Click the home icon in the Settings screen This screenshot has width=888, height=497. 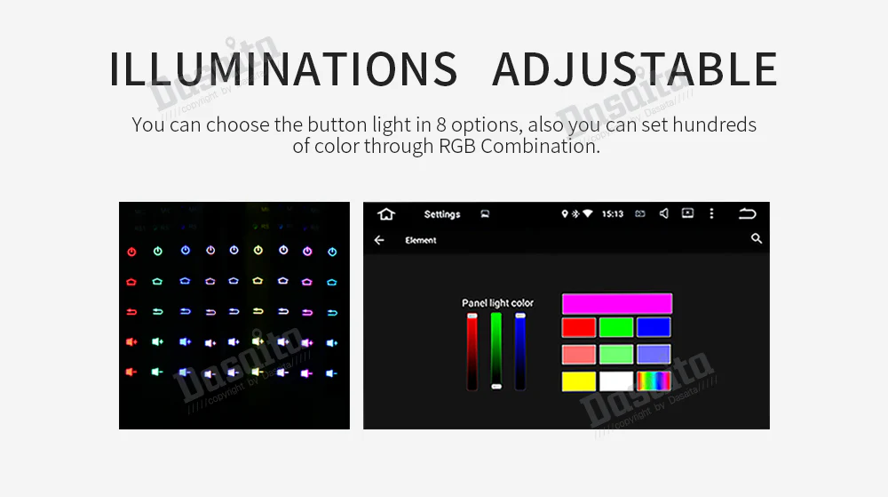click(385, 214)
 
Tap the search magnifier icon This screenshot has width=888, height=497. click(757, 239)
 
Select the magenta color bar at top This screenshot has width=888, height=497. click(616, 303)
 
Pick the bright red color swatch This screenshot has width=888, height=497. click(578, 327)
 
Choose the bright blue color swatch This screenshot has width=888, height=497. click(654, 327)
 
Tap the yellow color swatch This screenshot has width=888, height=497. click(578, 381)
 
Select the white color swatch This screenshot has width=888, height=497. click(615, 381)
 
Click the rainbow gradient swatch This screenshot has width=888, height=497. click(654, 381)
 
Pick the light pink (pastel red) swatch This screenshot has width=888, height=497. click(578, 355)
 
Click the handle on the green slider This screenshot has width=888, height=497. click(496, 386)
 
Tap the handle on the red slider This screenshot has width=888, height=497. click(472, 316)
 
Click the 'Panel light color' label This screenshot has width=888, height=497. click(497, 303)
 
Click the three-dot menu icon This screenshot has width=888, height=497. click(711, 214)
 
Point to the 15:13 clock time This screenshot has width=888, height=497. click(613, 214)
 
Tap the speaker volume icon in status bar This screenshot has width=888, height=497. click(664, 214)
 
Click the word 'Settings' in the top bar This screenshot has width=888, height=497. click(442, 214)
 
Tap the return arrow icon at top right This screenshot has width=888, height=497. click(748, 214)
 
